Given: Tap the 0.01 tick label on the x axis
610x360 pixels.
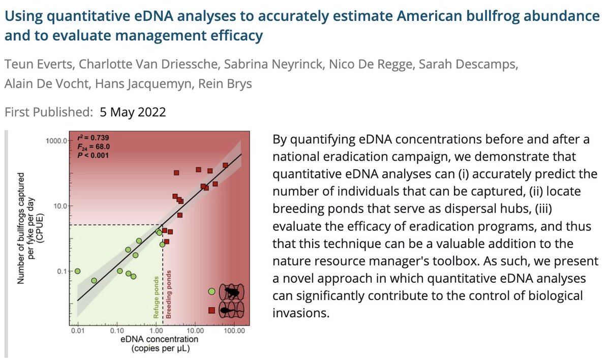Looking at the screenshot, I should click(x=78, y=331).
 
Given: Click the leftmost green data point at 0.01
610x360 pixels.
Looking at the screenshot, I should click(x=78, y=271).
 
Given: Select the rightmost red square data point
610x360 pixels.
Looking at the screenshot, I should click(x=225, y=165).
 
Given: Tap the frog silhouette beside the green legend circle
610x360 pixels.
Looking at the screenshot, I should click(x=232, y=292).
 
